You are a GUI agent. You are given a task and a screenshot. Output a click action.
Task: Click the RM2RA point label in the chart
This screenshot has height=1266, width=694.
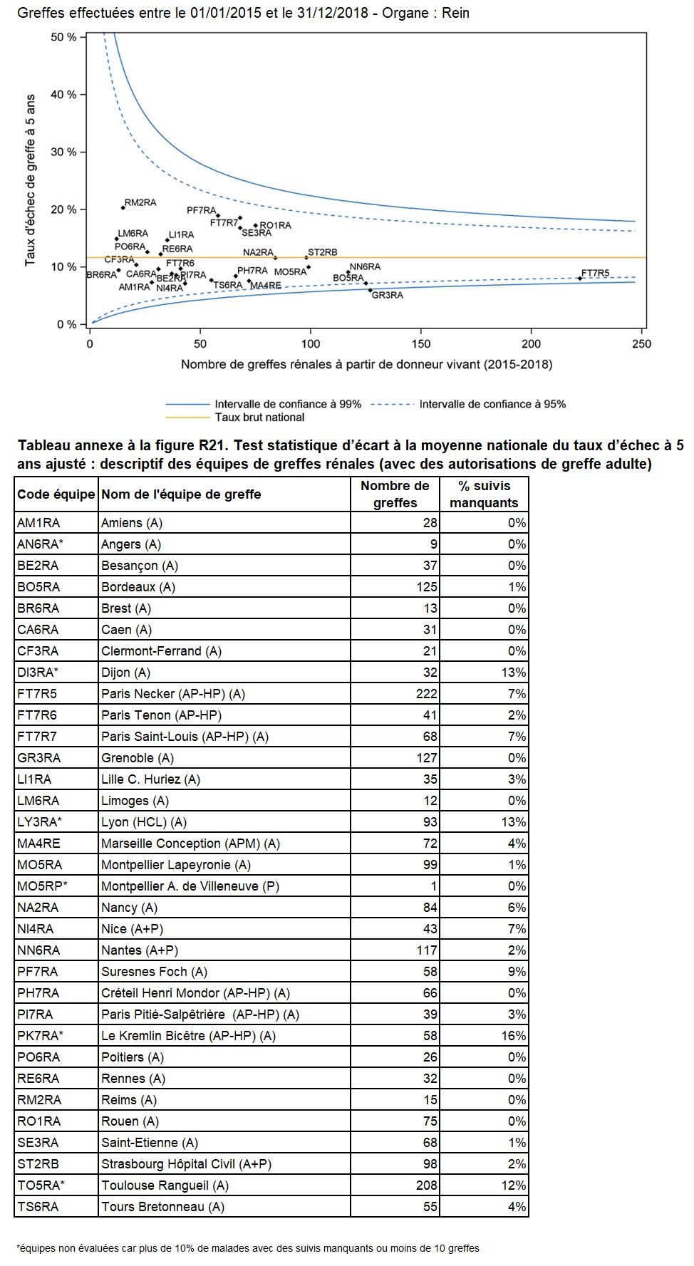[x=140, y=203]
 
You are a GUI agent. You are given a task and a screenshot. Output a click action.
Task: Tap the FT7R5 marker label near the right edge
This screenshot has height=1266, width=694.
[x=596, y=273]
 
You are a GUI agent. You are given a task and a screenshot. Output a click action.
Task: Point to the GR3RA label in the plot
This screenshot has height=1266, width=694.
[x=388, y=295]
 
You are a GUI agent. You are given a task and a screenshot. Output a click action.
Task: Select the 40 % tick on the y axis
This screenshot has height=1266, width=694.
[x=63, y=95]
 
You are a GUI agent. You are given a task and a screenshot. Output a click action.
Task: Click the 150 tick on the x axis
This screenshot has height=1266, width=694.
[x=421, y=344]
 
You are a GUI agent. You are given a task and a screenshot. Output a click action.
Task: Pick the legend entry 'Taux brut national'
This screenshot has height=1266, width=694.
[x=259, y=417]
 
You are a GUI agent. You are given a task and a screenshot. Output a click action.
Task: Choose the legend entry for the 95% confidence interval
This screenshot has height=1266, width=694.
[x=492, y=404]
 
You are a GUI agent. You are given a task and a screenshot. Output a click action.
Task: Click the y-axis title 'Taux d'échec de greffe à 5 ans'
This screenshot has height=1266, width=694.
[x=30, y=180]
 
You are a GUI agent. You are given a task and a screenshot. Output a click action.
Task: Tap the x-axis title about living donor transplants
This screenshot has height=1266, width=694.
[x=366, y=365]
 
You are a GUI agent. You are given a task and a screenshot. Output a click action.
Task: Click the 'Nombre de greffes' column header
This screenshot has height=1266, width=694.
[x=395, y=494]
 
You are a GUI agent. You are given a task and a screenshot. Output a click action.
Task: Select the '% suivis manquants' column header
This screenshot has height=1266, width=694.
[x=484, y=494]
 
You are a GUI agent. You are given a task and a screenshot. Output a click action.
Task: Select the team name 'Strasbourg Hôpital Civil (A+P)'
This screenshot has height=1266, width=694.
[x=186, y=1164]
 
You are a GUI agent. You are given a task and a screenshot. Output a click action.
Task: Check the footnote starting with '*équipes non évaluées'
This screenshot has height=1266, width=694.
[x=248, y=1248]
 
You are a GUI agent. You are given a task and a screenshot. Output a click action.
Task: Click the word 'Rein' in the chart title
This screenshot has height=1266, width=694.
[x=456, y=13]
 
